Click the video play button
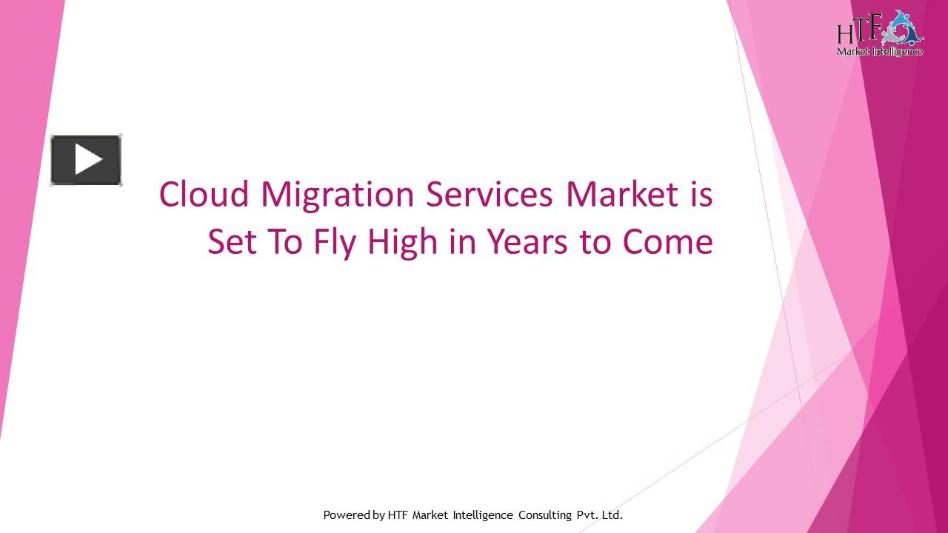[x=86, y=160]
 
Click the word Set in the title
[x=232, y=242]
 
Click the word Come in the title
[x=667, y=242]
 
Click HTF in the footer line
[x=398, y=514]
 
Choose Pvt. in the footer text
[x=586, y=514]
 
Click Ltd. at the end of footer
[x=612, y=514]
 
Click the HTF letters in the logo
[x=858, y=32]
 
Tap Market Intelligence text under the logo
[x=879, y=51]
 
